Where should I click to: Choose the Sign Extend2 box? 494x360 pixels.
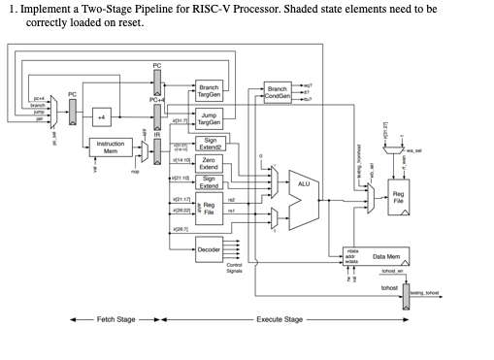209,143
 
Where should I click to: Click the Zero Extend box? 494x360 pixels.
209,164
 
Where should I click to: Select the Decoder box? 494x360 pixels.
209,249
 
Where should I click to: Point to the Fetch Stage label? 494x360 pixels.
115,318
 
